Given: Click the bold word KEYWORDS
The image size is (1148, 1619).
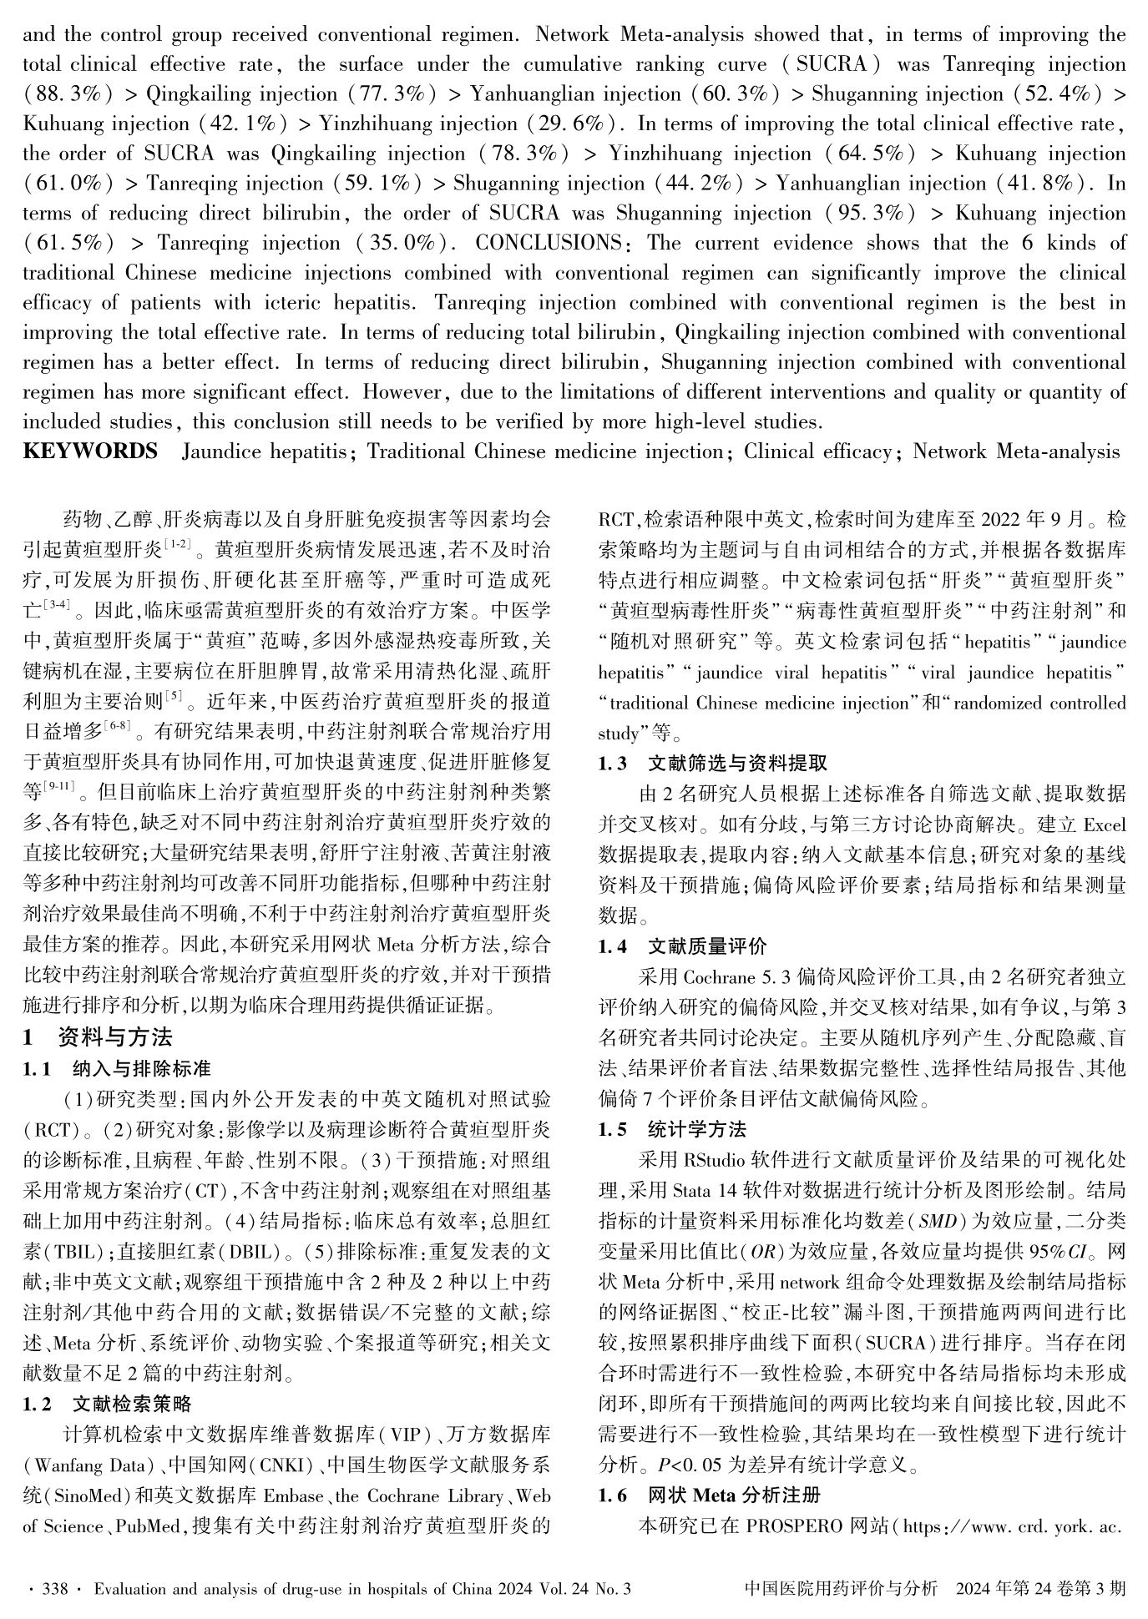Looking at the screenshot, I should [x=90, y=451].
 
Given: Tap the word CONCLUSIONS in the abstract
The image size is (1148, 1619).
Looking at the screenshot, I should [x=548, y=244].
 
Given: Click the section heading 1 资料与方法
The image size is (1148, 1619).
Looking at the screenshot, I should [x=98, y=1037].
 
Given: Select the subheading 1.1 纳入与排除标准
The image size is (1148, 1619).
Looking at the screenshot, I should [x=117, y=1068].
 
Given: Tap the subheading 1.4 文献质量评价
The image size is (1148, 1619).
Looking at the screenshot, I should [x=681, y=946].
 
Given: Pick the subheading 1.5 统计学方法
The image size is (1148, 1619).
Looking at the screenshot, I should [x=671, y=1130].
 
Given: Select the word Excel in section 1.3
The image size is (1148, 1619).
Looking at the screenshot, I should [x=1104, y=825].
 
